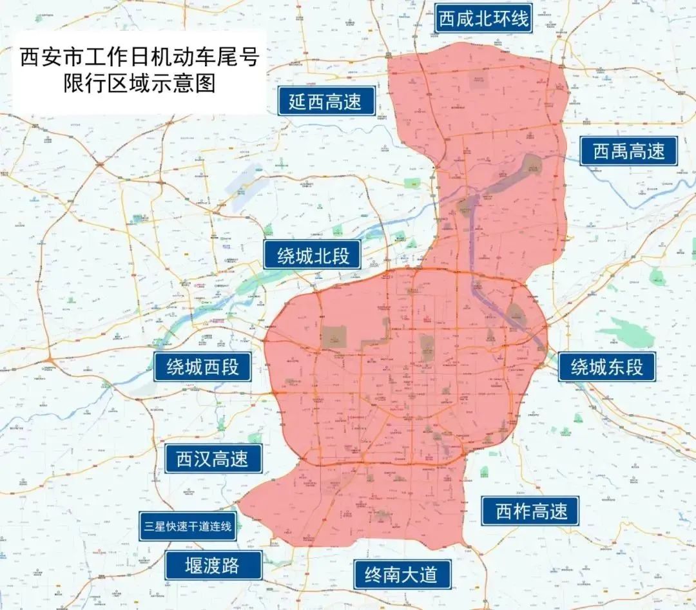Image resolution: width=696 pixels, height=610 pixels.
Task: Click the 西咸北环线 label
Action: (483, 19)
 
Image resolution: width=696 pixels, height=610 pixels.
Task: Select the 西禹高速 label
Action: (628, 151)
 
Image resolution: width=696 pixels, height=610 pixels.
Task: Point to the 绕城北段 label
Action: (313, 256)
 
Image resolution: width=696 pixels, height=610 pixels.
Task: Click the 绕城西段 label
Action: (202, 367)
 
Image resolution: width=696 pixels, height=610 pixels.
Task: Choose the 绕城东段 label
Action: (606, 367)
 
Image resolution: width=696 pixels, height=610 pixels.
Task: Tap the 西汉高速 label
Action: (212, 459)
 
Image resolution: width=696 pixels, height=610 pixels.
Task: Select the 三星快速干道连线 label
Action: (188, 526)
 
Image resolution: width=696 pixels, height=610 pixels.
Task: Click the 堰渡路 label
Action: (212, 566)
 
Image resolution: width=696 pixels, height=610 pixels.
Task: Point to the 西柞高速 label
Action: (532, 511)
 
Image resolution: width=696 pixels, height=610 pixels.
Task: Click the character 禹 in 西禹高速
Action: (619, 151)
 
